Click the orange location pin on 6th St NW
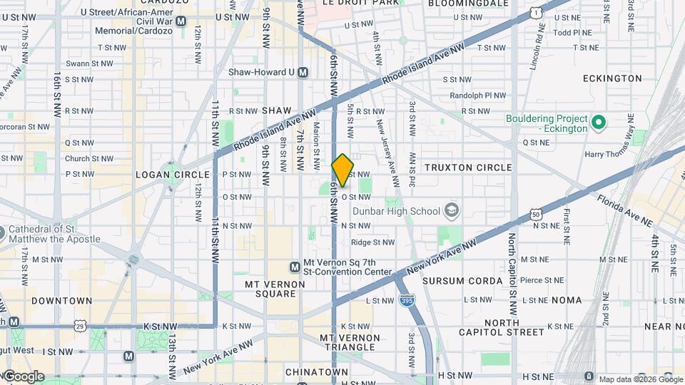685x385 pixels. (x=342, y=170)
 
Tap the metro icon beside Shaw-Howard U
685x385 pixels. (x=303, y=72)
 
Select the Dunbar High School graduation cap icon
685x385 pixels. (x=451, y=210)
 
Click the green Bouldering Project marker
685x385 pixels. (x=599, y=123)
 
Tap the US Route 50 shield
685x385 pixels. (x=535, y=214)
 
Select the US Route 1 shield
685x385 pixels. (x=535, y=12)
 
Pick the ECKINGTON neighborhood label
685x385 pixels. (x=612, y=78)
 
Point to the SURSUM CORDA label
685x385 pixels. (x=462, y=281)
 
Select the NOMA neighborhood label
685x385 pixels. (x=567, y=300)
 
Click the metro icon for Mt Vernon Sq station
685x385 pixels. (x=294, y=267)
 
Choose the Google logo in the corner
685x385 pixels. (x=24, y=376)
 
